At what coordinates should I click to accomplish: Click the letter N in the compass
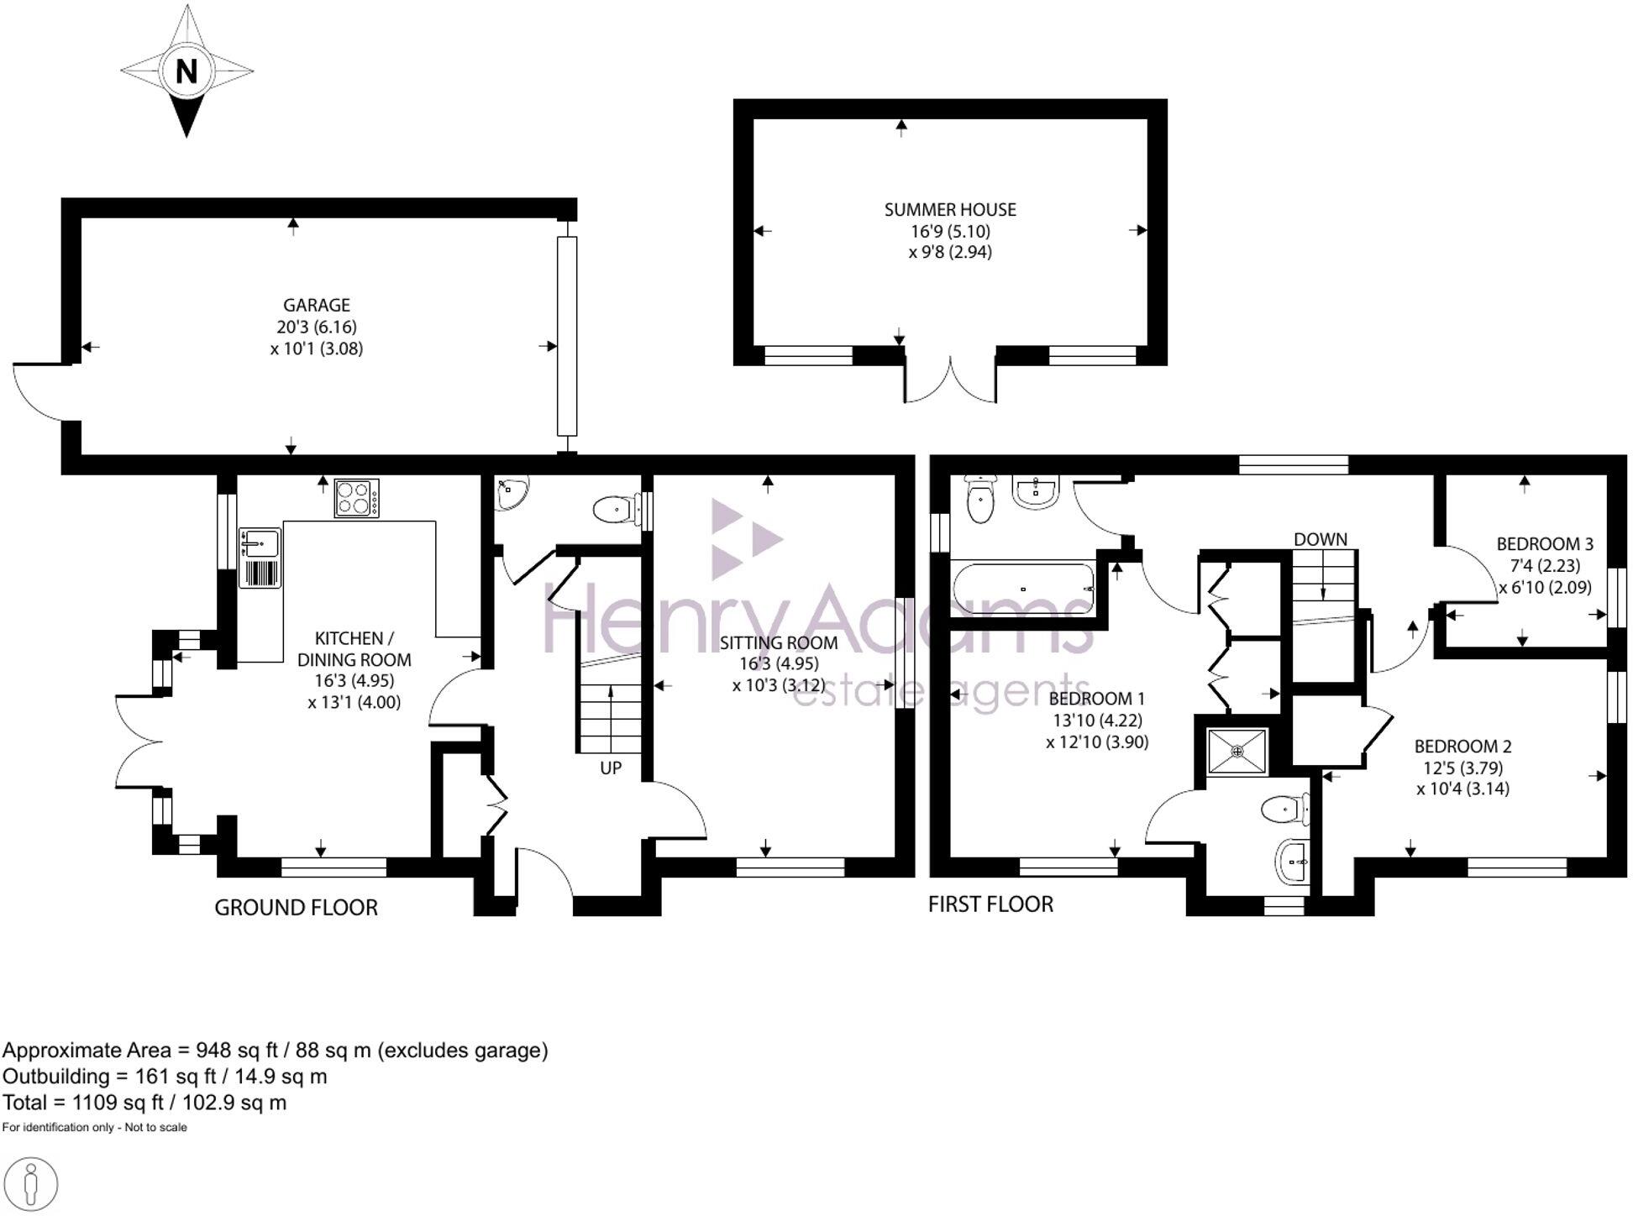tap(186, 71)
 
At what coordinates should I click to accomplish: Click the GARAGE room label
tap(316, 306)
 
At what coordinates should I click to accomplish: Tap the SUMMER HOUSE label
tap(950, 210)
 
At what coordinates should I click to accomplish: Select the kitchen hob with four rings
tap(356, 498)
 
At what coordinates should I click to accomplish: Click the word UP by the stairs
tap(611, 768)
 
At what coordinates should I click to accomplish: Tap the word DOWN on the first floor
tap(1320, 539)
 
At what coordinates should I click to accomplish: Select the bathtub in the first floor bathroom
tap(1022, 589)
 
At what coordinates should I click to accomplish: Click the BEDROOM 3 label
tap(1545, 544)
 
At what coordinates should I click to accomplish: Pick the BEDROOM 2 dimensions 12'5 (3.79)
tap(1462, 768)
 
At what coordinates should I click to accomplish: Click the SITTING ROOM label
tap(778, 643)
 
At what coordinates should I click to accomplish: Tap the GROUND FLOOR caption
tap(296, 908)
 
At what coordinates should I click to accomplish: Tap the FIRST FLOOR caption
tap(990, 904)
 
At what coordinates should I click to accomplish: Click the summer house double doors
tap(950, 382)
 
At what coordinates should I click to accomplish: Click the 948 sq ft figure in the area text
tap(237, 1051)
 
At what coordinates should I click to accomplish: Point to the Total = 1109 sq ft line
tap(144, 1103)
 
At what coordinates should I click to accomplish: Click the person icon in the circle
tap(31, 1185)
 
